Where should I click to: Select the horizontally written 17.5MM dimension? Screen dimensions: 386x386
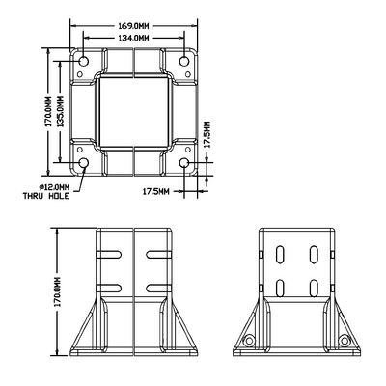point(155,192)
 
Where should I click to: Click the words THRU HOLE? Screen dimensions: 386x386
point(45,195)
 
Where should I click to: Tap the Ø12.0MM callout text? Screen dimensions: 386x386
point(50,185)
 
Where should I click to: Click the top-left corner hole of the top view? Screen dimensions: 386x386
point(83,62)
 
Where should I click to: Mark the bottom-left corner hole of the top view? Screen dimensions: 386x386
point(83,163)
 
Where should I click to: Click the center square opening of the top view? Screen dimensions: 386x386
point(134,112)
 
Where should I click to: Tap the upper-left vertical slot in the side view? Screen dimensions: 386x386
point(279,255)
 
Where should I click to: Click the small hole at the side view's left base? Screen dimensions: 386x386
point(249,341)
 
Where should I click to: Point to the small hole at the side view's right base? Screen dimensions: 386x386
point(344,341)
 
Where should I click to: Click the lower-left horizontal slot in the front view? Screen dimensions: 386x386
point(109,287)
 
